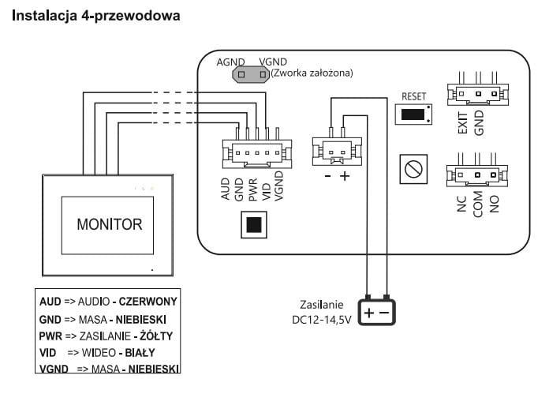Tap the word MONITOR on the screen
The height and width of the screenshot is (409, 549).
110,224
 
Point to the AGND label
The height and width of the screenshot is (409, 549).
231,62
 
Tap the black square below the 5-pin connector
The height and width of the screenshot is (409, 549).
252,225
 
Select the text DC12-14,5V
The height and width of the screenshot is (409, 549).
324,320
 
